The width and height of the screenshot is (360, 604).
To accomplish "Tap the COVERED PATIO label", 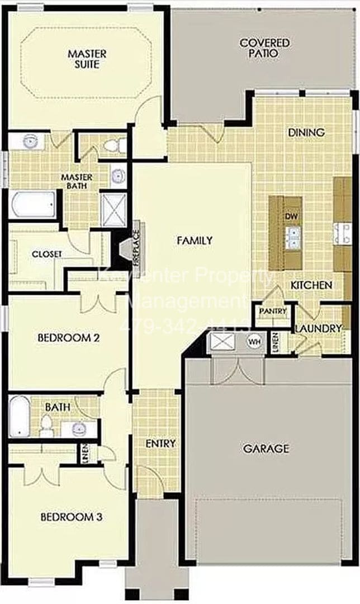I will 257,48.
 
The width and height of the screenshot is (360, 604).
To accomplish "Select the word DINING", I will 306,133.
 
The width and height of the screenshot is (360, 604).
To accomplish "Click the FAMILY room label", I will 195,240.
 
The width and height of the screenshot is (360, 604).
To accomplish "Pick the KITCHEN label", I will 311,285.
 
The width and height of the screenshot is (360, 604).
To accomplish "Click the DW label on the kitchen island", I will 290,216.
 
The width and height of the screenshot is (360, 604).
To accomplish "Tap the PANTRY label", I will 272,311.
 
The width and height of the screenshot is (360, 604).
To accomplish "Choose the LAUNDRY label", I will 318,328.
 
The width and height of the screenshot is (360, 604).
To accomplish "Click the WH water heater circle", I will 255,341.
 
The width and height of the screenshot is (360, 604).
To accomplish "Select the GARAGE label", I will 266,448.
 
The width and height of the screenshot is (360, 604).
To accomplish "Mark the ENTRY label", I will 160,443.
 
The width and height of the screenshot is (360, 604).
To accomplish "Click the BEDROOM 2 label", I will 68,338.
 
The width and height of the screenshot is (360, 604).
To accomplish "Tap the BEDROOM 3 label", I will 71,517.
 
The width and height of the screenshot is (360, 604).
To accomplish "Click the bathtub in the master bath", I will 33,205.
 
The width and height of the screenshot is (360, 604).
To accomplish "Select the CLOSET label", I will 47,254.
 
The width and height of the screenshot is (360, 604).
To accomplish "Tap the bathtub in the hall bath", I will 19,416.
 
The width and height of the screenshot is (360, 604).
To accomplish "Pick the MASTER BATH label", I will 77,181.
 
